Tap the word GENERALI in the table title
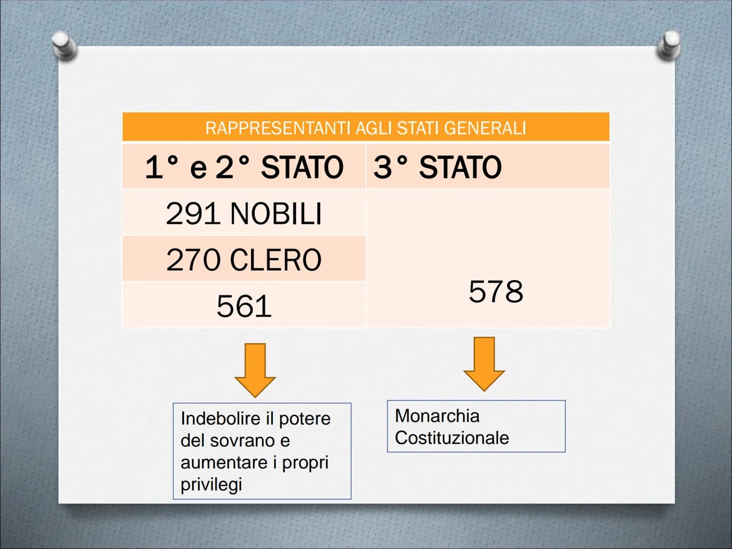(485, 128)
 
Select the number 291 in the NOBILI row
(193, 213)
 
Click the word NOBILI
(276, 213)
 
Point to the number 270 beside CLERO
(194, 260)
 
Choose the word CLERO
(276, 260)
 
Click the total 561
(244, 306)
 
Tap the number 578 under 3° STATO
(496, 292)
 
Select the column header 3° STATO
(438, 167)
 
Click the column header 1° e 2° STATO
(245, 167)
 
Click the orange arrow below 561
(255, 371)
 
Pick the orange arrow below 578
(484, 364)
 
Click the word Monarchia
(437, 416)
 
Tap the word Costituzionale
(452, 438)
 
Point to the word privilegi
(211, 485)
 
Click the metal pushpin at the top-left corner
(64, 46)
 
